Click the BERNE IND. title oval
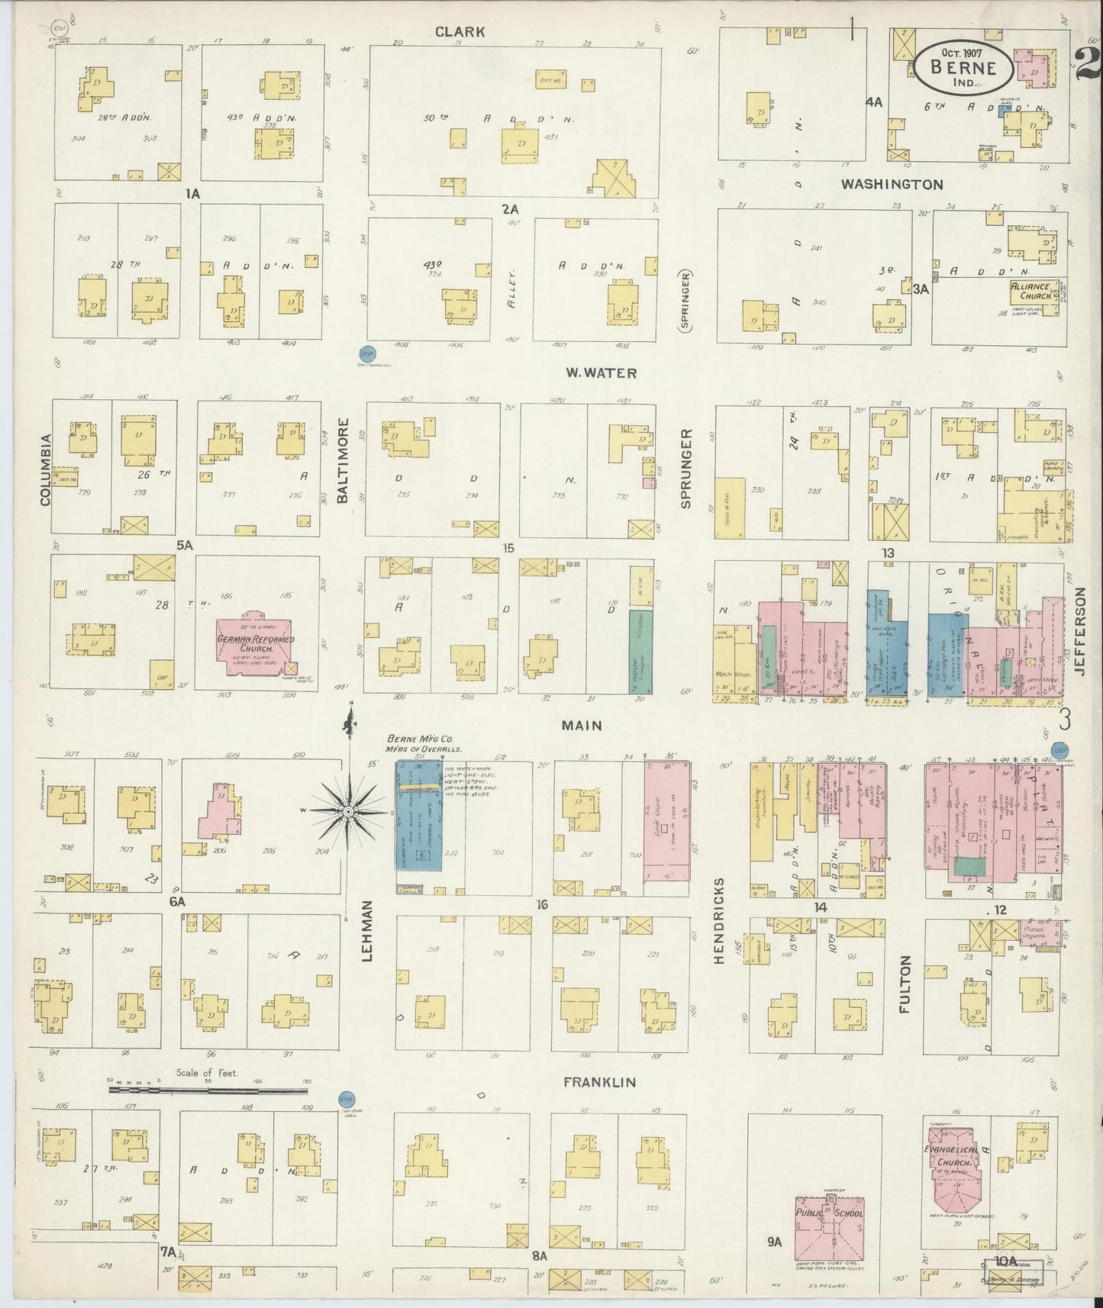964,67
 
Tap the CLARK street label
460,31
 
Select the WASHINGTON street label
892,185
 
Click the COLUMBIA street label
45,469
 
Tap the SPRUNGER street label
685,469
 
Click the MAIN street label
582,726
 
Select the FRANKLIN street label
599,1082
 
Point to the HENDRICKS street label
719,920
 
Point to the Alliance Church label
1030,291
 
